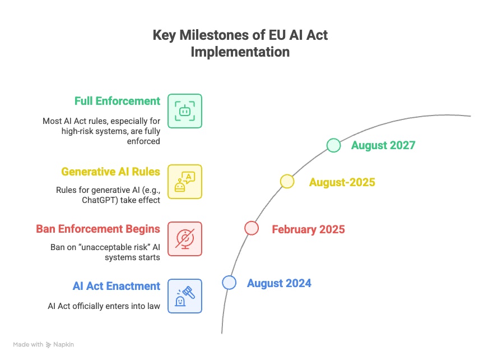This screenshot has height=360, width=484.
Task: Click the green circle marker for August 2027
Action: pyautogui.click(x=334, y=145)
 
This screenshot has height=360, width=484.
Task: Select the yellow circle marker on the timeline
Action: pyautogui.click(x=287, y=181)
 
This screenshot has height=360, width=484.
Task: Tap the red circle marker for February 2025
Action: pyautogui.click(x=252, y=228)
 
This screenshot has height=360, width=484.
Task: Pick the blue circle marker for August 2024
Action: pyautogui.click(x=229, y=283)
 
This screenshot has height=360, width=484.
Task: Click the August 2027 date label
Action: pyautogui.click(x=383, y=145)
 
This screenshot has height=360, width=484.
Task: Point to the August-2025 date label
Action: pyautogui.click(x=342, y=182)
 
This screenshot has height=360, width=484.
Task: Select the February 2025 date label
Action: pyautogui.click(x=308, y=229)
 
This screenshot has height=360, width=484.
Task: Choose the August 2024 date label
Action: pyautogui.click(x=279, y=283)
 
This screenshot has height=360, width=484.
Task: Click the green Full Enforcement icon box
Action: pyautogui.click(x=185, y=111)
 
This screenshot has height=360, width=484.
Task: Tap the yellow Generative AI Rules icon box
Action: pyautogui.click(x=185, y=182)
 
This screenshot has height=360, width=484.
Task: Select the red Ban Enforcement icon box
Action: pyautogui.click(x=185, y=239)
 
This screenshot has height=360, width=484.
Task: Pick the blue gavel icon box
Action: pyautogui.click(x=185, y=296)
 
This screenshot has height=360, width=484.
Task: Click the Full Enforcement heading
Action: pyautogui.click(x=117, y=101)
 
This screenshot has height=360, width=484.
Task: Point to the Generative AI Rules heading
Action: pyautogui.click(x=110, y=172)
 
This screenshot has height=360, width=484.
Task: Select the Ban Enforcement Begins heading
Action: pyautogui.click(x=98, y=229)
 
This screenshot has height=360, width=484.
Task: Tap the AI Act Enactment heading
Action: pyautogui.click(x=117, y=286)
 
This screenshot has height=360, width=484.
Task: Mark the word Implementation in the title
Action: pyautogui.click(x=240, y=52)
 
